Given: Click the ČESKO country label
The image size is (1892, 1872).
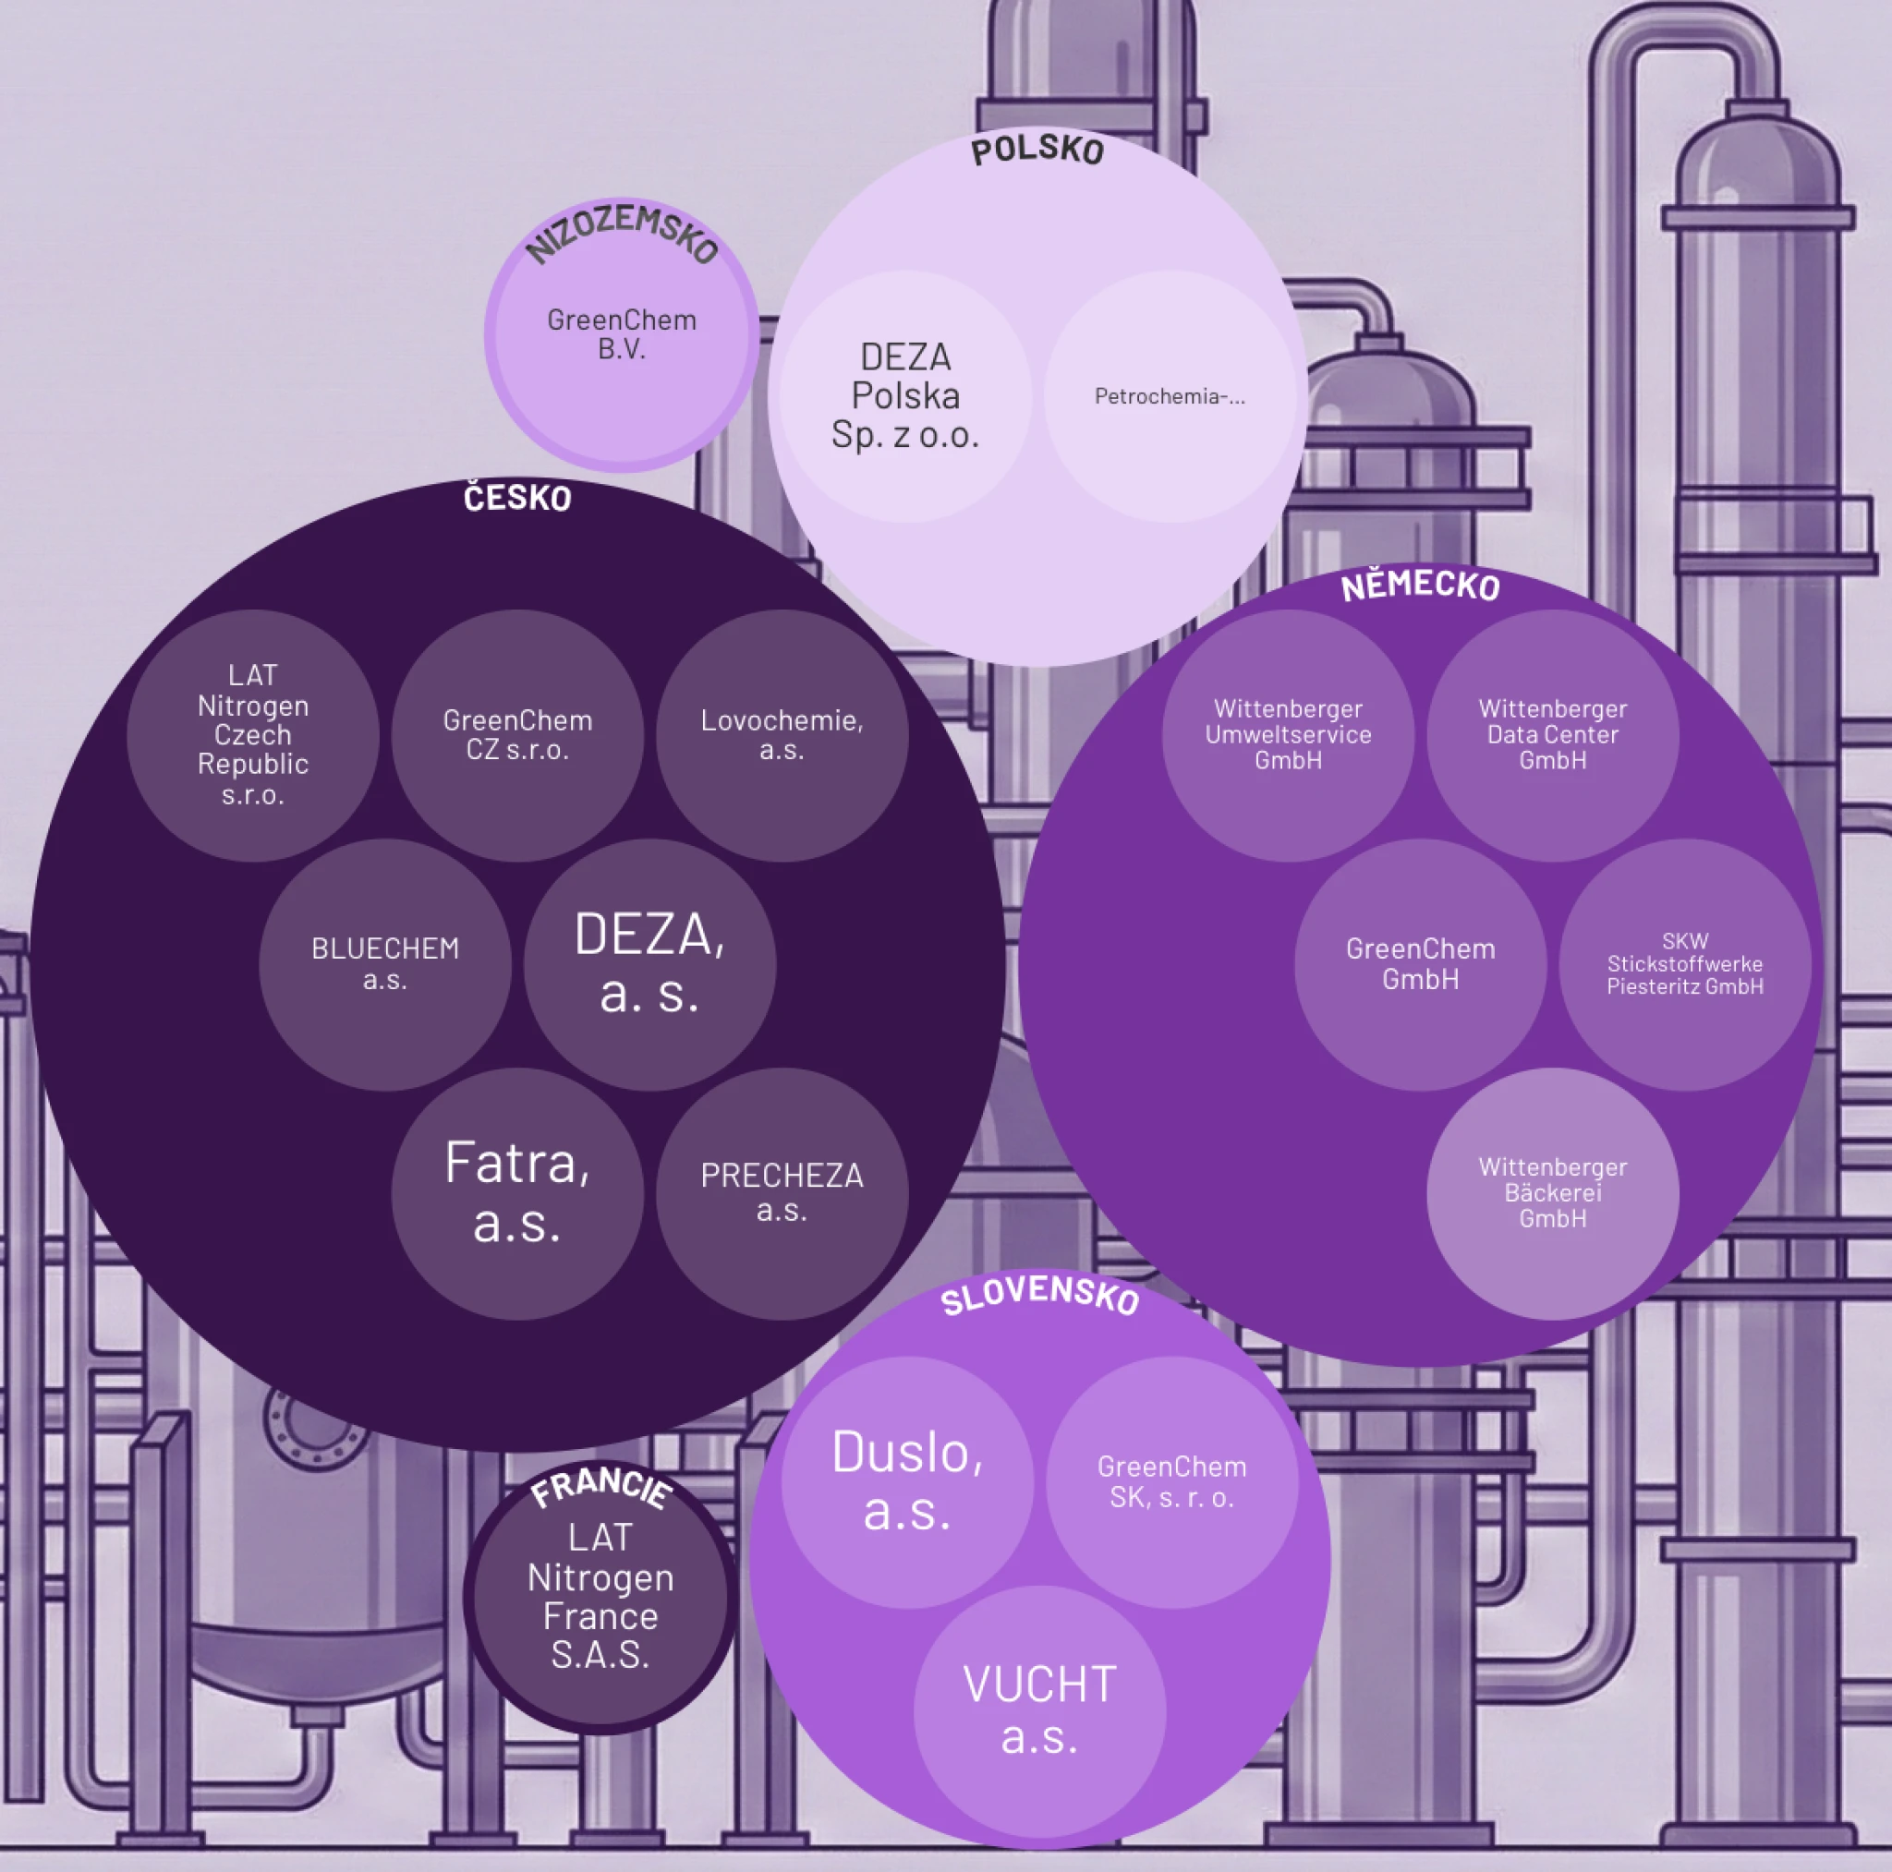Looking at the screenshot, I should [x=517, y=499].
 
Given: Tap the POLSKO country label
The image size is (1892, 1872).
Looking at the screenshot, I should [x=1037, y=150].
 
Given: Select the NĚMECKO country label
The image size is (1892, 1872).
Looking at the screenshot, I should [x=1420, y=586].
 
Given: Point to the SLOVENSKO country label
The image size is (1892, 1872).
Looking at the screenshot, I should [x=1040, y=1296].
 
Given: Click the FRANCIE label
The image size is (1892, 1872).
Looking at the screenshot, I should [x=601, y=1487].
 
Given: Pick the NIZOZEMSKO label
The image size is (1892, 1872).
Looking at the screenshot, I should [x=623, y=233].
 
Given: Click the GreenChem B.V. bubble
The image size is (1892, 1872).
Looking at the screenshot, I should [x=622, y=335].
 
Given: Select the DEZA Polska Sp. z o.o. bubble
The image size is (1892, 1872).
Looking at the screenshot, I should [x=906, y=396].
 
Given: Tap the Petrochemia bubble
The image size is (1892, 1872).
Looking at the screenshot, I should [x=1170, y=396].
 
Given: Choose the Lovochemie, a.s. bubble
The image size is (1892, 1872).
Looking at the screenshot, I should [x=782, y=735].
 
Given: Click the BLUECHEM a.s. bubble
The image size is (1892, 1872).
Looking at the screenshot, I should [x=385, y=964].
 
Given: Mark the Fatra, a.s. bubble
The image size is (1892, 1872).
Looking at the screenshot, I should [x=517, y=1193].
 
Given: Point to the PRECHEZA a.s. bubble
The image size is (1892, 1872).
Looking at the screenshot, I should [x=782, y=1193].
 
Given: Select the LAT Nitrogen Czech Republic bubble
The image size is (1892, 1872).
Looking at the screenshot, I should [x=252, y=735].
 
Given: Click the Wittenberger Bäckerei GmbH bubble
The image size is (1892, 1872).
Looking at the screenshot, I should [x=1552, y=1193].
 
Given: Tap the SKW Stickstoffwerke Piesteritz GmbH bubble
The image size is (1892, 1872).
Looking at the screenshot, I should [x=1684, y=964].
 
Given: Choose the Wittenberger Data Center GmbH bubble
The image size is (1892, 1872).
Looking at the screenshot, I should [x=1552, y=735].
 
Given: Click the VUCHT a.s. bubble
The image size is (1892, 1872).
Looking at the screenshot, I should [x=1040, y=1711].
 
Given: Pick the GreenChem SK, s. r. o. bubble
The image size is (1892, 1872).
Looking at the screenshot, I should [x=1172, y=1482].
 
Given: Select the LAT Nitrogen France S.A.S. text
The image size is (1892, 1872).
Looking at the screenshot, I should [x=600, y=1596].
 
